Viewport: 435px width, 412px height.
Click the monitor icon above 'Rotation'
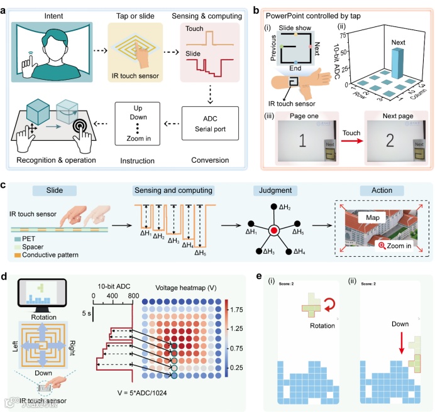click(41, 298)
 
